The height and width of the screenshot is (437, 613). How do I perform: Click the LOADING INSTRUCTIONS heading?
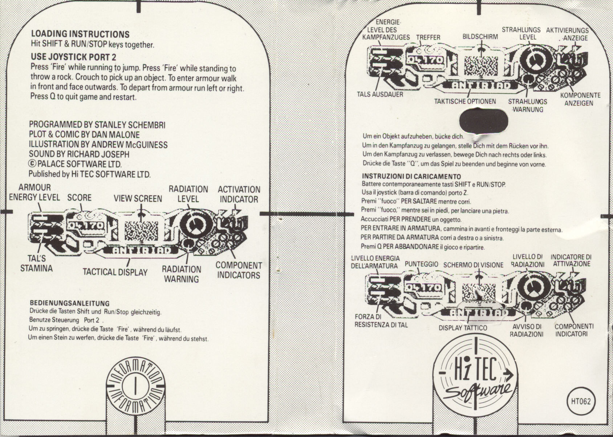point(80,34)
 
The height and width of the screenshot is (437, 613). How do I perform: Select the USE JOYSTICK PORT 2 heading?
point(73,57)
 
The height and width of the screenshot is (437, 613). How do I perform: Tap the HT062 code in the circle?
point(581,402)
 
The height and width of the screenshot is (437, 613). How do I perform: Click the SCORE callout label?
point(79,198)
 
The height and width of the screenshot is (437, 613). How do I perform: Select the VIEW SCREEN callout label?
point(138,198)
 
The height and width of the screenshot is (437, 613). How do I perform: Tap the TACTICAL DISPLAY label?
point(115,272)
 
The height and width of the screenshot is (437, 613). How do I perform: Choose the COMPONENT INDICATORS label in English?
point(239,270)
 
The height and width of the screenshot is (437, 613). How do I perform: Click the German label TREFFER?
point(428,37)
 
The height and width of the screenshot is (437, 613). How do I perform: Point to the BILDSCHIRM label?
point(480,37)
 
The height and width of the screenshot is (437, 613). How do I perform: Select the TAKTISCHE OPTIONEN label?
point(465,101)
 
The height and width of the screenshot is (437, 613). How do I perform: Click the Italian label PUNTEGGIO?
point(421,264)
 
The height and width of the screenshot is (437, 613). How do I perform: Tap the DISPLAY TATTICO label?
point(463,328)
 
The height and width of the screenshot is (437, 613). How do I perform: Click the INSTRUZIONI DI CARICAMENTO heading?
point(411,177)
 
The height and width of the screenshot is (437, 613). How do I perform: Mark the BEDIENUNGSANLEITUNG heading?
point(69,303)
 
